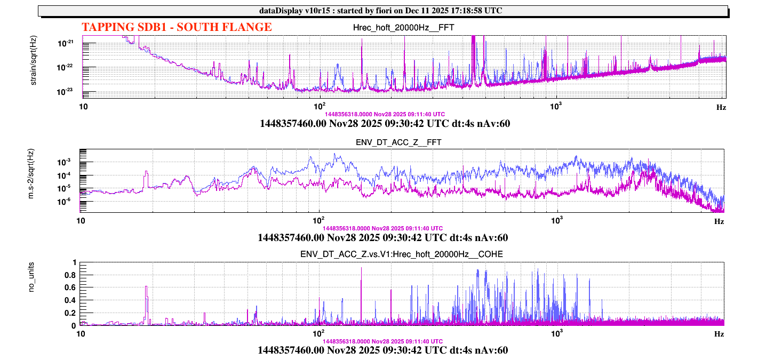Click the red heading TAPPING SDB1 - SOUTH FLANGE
click(177, 27)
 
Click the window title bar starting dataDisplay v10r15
click(383, 11)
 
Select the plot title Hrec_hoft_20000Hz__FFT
click(404, 28)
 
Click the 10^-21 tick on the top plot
click(67, 43)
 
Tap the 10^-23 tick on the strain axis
click(67, 92)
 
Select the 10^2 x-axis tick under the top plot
click(320, 106)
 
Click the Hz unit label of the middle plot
click(719, 221)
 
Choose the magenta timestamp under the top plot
click(384, 114)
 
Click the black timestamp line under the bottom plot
click(382, 350)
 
